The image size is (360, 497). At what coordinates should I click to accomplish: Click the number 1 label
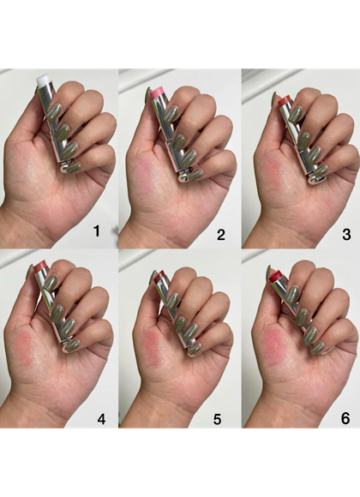[97, 231]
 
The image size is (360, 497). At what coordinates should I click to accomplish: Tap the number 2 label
[221, 235]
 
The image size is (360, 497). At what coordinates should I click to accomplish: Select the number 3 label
[346, 235]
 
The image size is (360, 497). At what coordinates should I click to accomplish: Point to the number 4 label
[101, 419]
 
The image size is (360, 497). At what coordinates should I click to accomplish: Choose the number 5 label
[217, 419]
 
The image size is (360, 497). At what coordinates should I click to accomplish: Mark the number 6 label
[345, 418]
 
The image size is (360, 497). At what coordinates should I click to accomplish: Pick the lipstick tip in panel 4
[42, 266]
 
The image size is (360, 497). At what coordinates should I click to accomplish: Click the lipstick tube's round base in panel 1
[66, 166]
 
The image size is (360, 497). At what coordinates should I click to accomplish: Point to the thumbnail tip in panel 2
[147, 93]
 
